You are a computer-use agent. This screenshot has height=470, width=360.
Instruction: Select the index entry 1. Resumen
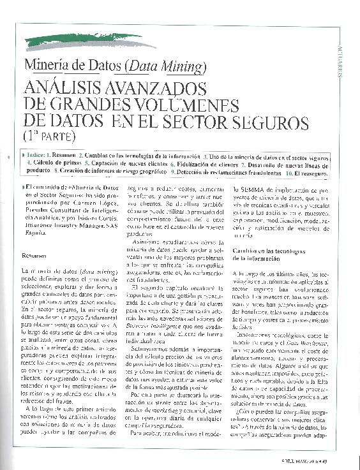(x=61, y=155)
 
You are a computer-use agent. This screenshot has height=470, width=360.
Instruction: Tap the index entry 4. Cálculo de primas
(x=53, y=163)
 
